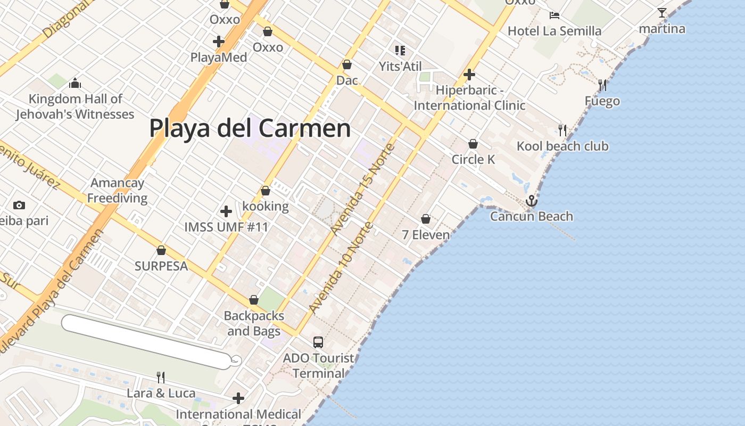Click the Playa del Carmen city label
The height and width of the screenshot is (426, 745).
point(250,128)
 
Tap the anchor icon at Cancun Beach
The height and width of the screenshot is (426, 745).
point(531,201)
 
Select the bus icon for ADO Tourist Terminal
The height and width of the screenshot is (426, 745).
point(318,342)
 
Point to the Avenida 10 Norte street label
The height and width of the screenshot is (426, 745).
point(341,267)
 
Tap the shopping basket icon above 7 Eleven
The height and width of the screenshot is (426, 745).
point(426,219)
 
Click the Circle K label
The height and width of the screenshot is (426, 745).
point(473,159)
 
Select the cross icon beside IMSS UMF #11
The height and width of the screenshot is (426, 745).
point(226,211)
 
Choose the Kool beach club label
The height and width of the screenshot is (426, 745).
point(562,146)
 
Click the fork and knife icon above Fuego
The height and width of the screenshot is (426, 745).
point(602,85)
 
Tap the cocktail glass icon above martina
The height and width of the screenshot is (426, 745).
point(662,13)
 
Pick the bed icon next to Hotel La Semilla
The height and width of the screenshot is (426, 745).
point(554,15)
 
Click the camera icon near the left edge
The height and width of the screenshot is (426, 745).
point(19,205)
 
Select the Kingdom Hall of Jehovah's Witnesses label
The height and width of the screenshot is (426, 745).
point(75,106)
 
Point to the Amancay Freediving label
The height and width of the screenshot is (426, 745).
point(117,191)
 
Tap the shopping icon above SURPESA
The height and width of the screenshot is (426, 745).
point(161,250)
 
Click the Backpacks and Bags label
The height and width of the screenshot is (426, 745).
point(254,323)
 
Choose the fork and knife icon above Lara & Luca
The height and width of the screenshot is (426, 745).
point(161,378)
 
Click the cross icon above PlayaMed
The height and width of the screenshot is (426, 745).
point(218,41)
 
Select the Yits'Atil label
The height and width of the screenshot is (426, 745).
point(400,67)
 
